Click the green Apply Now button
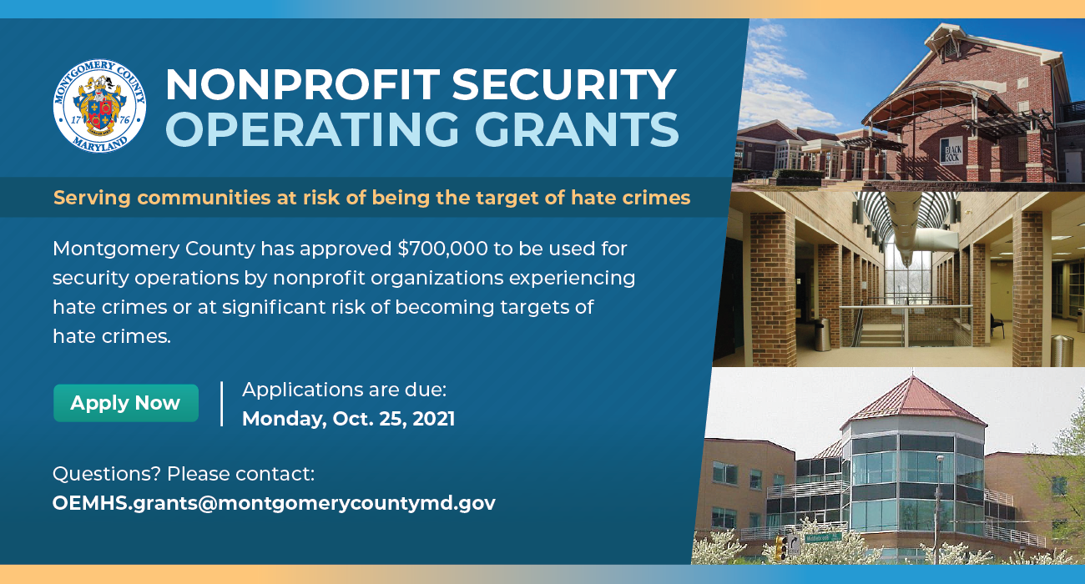point(126,403)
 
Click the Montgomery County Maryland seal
point(99,106)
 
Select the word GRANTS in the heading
point(576,129)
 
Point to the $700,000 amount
point(442,249)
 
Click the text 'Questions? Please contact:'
point(184,474)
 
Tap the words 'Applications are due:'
point(345,390)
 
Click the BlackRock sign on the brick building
point(951,152)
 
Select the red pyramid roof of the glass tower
point(912,402)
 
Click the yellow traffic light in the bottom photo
point(780,547)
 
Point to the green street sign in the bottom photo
point(824,537)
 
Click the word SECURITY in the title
point(564,85)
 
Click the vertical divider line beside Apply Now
point(222,404)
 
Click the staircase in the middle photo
point(879,334)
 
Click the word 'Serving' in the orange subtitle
point(92,199)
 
